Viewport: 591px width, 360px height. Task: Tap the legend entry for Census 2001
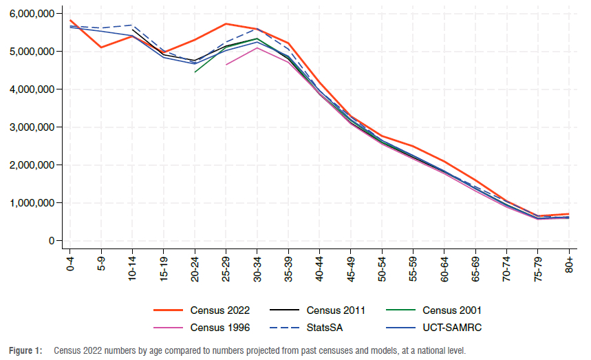(x=452, y=310)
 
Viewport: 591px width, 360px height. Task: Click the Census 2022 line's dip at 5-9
(x=101, y=47)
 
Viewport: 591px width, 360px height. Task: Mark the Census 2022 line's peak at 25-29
(x=226, y=23)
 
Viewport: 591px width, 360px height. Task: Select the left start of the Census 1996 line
(x=226, y=65)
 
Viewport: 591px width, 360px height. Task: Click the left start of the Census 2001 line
(x=195, y=72)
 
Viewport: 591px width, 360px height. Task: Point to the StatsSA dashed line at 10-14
(x=132, y=25)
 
